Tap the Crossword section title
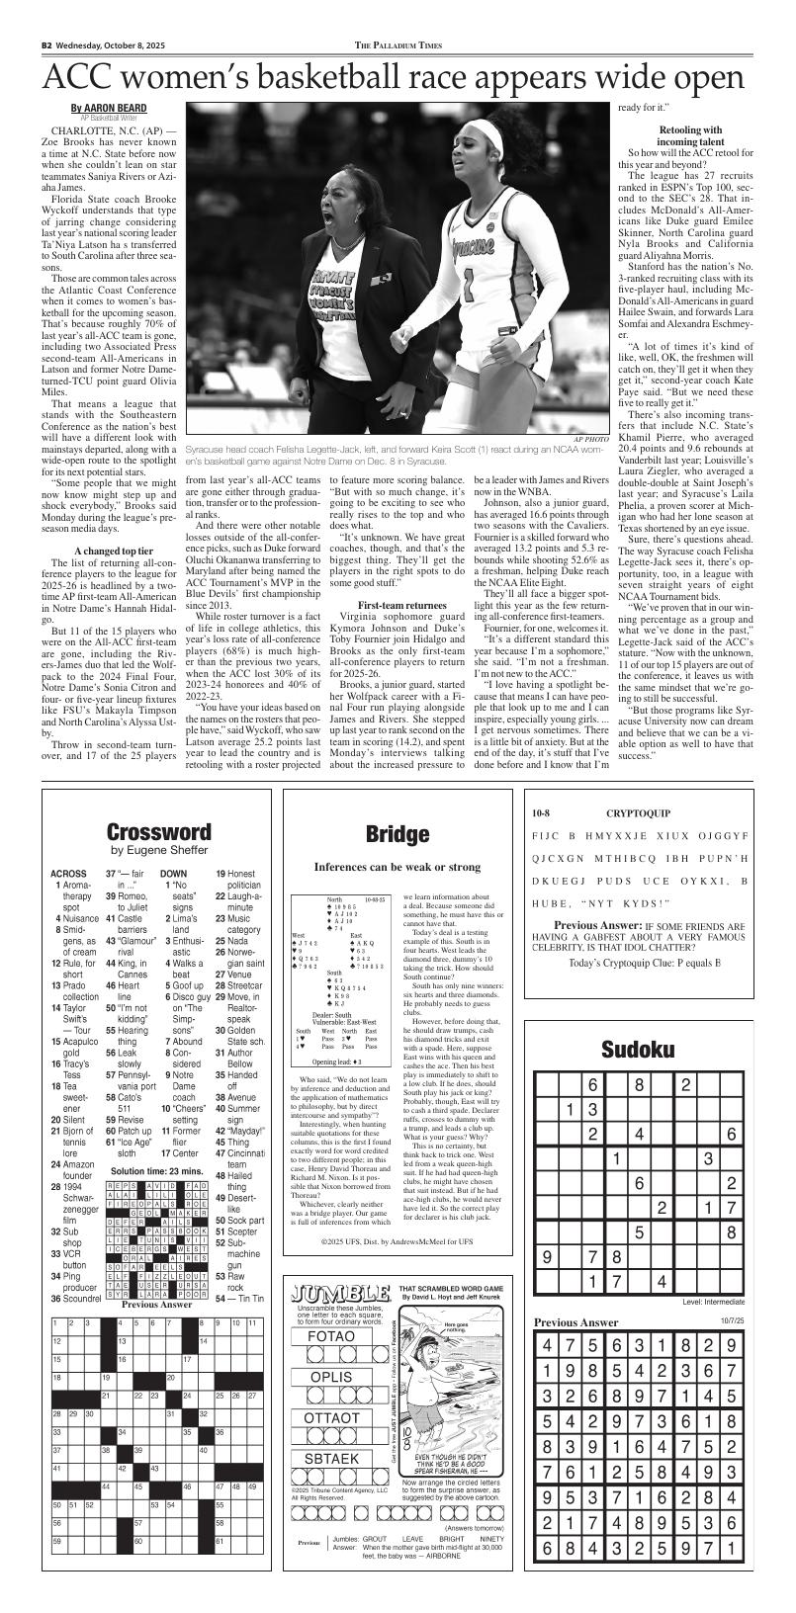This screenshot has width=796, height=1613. (x=158, y=832)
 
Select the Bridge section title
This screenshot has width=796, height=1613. (x=397, y=834)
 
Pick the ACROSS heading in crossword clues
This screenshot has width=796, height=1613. (x=68, y=874)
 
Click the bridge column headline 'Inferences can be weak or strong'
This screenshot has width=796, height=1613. (x=398, y=867)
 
